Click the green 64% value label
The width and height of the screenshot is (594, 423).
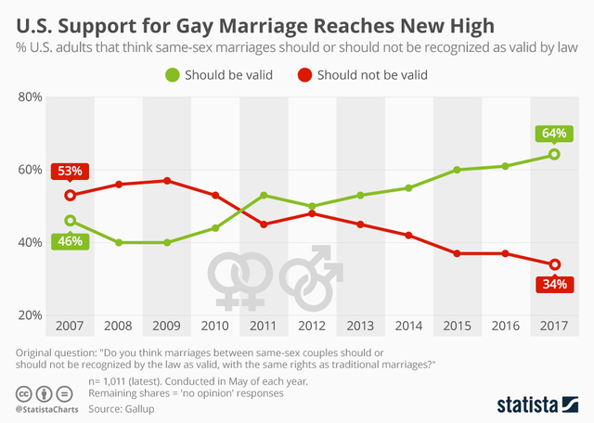[x=553, y=133]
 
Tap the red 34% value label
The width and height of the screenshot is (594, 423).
[x=554, y=285]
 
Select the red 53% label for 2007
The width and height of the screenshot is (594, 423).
[x=70, y=172]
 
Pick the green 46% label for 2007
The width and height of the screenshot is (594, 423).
[x=70, y=241]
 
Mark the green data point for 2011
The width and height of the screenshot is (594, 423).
[x=264, y=196]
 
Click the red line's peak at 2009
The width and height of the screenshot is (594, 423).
[x=167, y=181]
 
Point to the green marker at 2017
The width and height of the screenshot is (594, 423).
[x=554, y=154]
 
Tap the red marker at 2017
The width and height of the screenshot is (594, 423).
[x=554, y=264]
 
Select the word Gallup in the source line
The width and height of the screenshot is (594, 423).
[x=136, y=407]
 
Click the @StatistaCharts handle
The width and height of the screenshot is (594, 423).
[x=45, y=407]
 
